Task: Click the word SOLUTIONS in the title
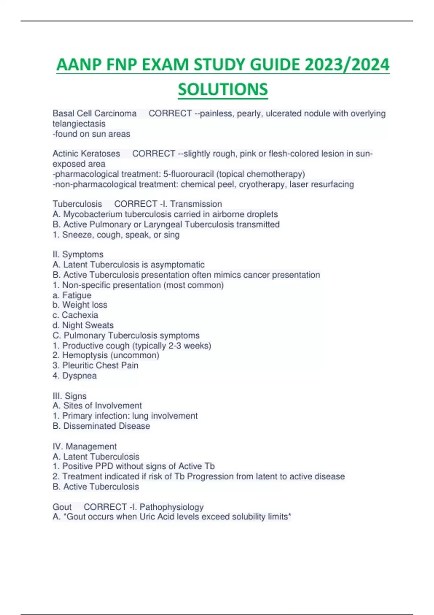[x=223, y=89]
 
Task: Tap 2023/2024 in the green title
[x=347, y=65]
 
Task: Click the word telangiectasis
[x=79, y=124]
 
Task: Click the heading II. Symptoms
[x=78, y=254]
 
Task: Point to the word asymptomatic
[x=177, y=264]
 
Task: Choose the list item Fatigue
[x=77, y=295]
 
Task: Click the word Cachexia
[x=80, y=315]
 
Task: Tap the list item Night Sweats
[x=88, y=325]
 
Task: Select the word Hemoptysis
[x=85, y=355]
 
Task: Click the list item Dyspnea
[x=79, y=376]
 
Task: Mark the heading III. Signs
[x=69, y=396]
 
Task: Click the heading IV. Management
[x=85, y=446]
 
